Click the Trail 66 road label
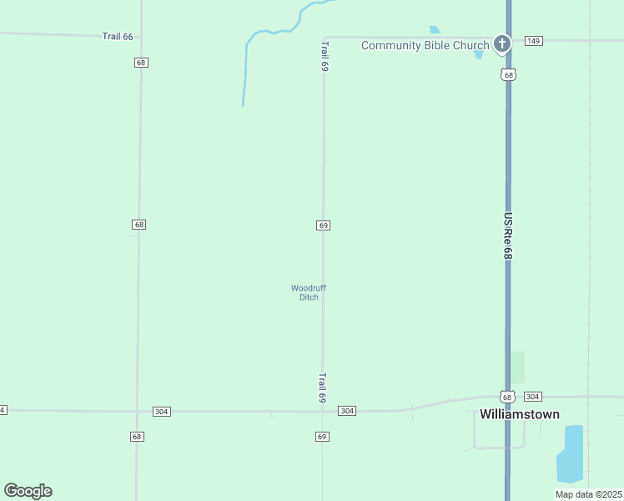[118, 37]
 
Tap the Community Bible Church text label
[425, 45]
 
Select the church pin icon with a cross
[501, 43]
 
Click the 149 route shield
[534, 40]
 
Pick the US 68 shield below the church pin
[508, 74]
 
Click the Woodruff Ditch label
[309, 292]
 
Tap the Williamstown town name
[519, 414]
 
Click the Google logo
[28, 491]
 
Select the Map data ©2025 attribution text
[588, 494]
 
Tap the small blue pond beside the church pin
[478, 54]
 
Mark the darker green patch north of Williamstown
[518, 367]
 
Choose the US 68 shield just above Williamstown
[507, 397]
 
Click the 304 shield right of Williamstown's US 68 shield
[534, 397]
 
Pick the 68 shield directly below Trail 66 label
[140, 63]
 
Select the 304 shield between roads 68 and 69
[162, 412]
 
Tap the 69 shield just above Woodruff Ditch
[323, 225]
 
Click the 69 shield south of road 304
[322, 437]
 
